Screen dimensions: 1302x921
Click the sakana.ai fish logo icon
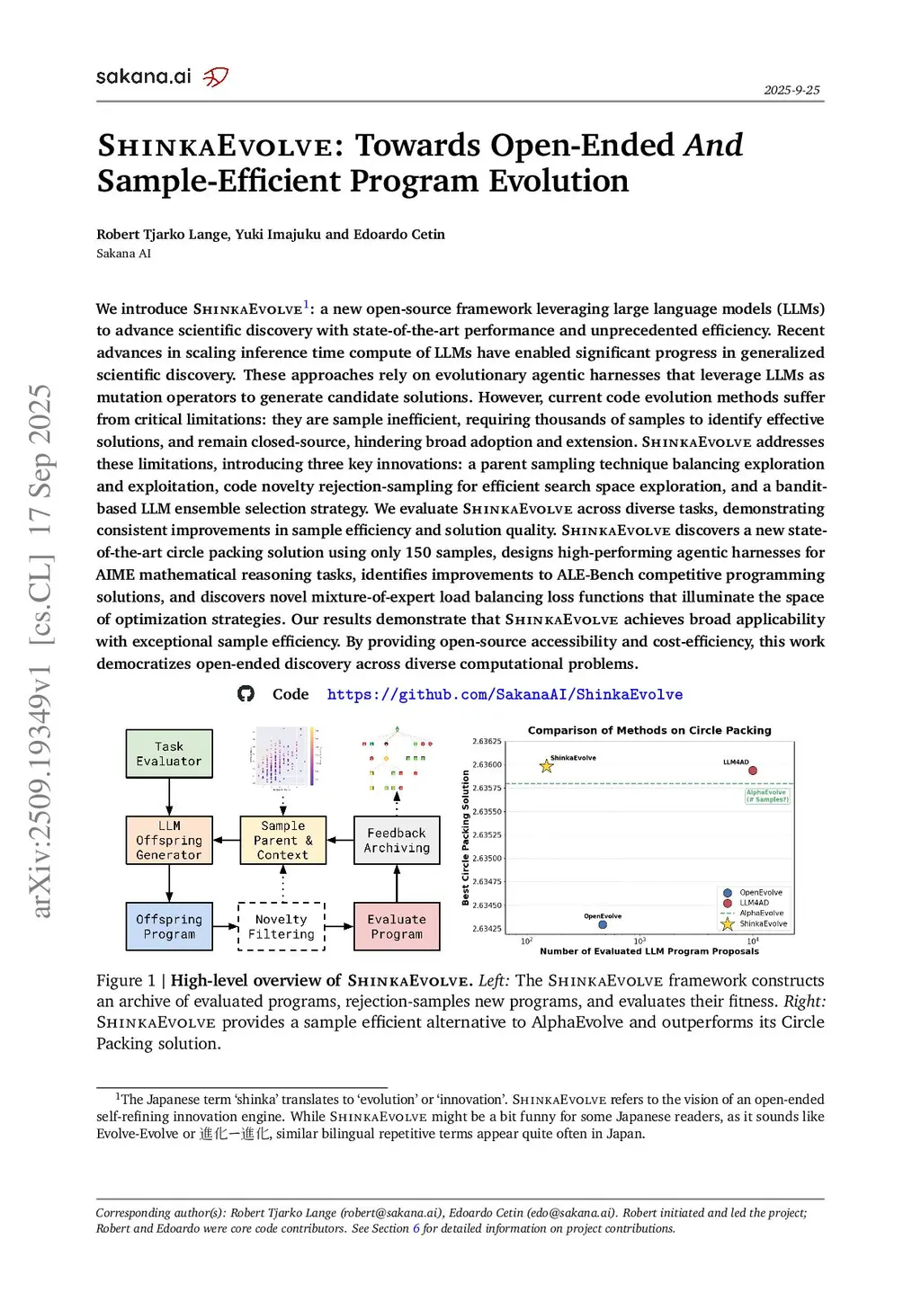pyautogui.click(x=216, y=77)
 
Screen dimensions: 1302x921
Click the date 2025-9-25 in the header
pyautogui.click(x=791, y=90)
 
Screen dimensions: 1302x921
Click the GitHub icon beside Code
pyautogui.click(x=246, y=694)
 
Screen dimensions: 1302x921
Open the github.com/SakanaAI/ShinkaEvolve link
pyautogui.click(x=505, y=694)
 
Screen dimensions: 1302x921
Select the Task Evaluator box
pyautogui.click(x=169, y=754)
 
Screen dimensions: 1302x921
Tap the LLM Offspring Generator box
pyautogui.click(x=169, y=840)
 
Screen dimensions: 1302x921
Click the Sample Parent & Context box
pyautogui.click(x=282, y=840)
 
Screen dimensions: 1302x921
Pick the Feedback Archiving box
pyautogui.click(x=397, y=840)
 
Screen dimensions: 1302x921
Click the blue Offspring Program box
pyautogui.click(x=169, y=926)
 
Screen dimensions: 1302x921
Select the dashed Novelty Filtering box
pyautogui.click(x=282, y=926)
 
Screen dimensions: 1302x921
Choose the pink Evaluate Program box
pyautogui.click(x=397, y=926)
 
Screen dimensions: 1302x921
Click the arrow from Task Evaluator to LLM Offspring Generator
pyautogui.click(x=169, y=797)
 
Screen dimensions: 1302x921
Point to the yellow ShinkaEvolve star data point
pyautogui.click(x=546, y=766)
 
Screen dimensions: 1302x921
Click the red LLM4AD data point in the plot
pyautogui.click(x=753, y=771)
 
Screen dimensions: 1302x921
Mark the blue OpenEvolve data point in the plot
pyautogui.click(x=603, y=924)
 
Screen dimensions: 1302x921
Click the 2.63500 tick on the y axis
pyautogui.click(x=487, y=858)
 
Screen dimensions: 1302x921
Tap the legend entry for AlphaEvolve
pyautogui.click(x=761, y=913)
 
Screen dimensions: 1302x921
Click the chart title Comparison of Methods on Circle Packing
pyautogui.click(x=649, y=730)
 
